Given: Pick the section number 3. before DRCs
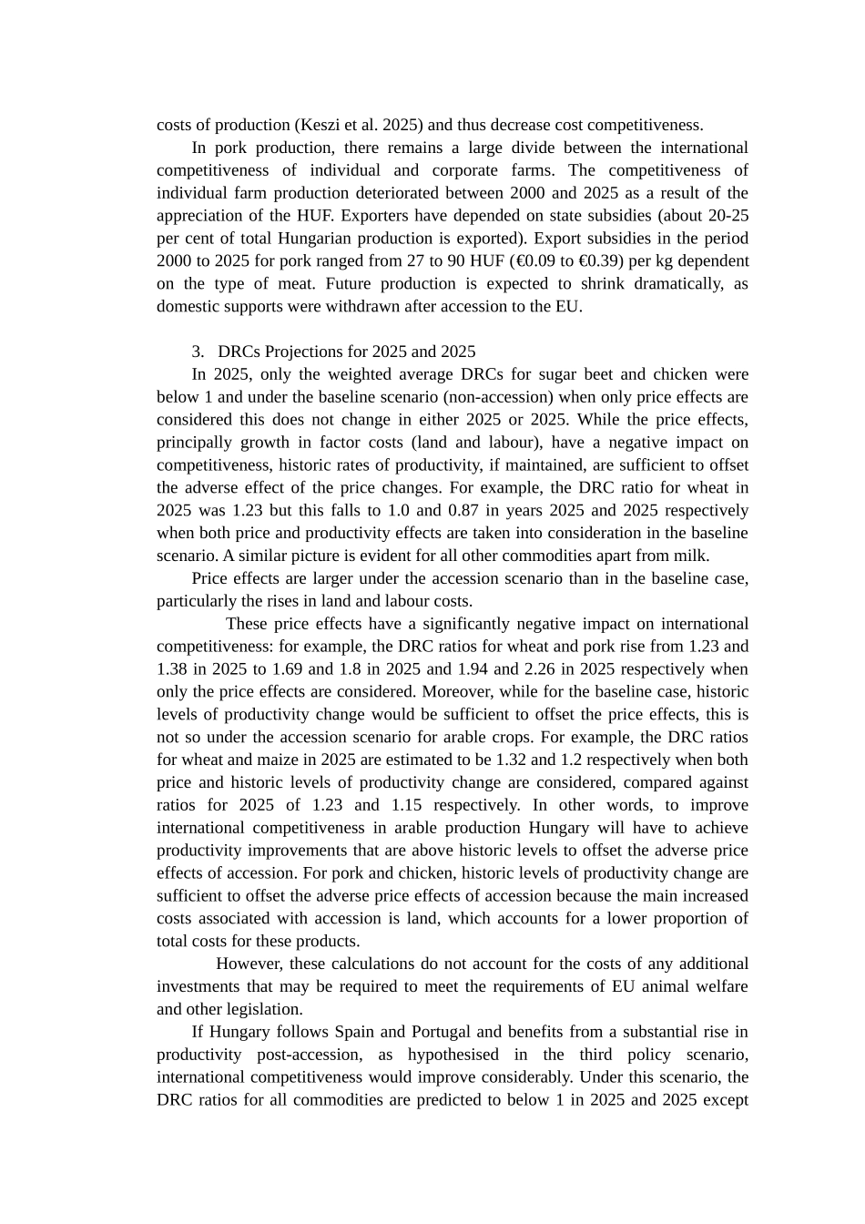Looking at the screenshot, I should pyautogui.click(x=198, y=352).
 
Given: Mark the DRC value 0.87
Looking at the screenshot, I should pyautogui.click(x=464, y=511).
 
